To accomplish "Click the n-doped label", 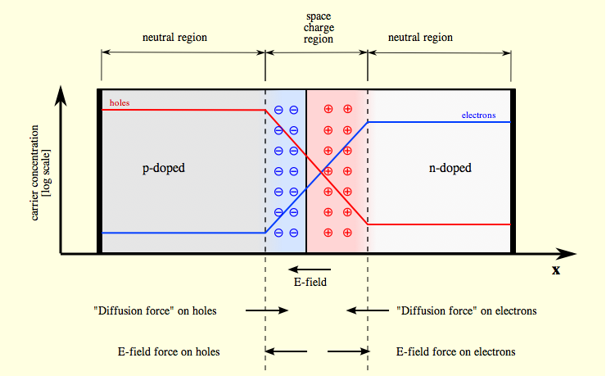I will point(450,168).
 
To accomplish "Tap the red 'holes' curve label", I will point(120,103).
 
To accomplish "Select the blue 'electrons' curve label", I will point(478,116).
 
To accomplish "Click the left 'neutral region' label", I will point(174,38).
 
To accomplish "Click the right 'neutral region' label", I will point(420,38).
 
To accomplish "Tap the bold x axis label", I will point(556,270).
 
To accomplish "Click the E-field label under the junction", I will point(310,283).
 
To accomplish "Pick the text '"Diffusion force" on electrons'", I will point(467,310).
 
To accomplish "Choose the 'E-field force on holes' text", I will point(170,351).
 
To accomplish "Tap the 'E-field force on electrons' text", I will point(455,351).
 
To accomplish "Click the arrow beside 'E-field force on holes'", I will point(286,351).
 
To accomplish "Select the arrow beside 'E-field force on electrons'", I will point(347,351).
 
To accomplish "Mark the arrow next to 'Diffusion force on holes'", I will point(267,310).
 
